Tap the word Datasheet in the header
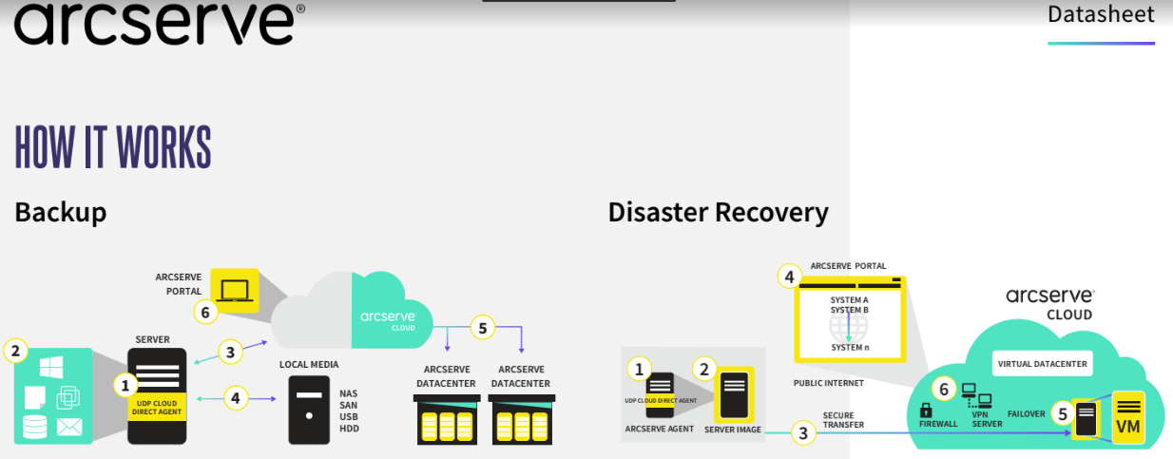1101,15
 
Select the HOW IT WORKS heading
113,147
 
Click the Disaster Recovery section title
718,212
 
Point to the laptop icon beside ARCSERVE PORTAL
233,289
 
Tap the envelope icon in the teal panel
69,427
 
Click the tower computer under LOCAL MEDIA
309,411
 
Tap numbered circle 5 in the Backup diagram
483,329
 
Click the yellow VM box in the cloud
1128,417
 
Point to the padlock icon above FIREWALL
926,411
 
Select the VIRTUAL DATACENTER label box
1041,363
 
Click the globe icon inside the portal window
848,328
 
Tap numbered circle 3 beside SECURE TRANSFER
804,433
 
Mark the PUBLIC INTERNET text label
829,383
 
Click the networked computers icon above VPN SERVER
976,395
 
